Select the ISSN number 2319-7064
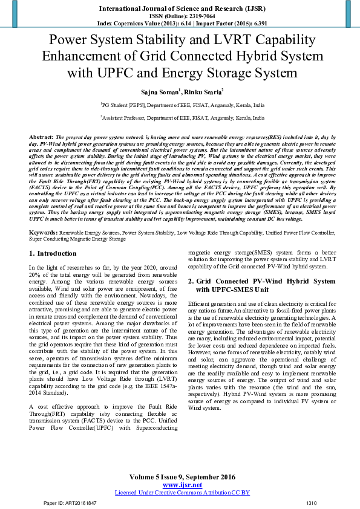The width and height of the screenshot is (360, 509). click(x=195, y=16)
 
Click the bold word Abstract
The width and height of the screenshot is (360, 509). click(x=41, y=138)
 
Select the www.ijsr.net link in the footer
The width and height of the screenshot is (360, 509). click(x=182, y=485)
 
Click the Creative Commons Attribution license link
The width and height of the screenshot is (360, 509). click(x=182, y=493)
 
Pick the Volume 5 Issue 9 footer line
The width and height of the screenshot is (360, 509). click(x=182, y=478)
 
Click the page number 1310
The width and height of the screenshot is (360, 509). click(x=311, y=503)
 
